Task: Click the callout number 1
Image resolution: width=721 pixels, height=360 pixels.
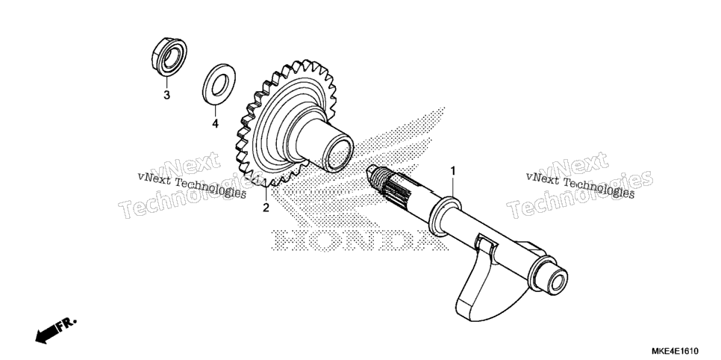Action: pos(452,171)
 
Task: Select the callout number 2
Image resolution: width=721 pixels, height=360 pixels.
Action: pos(266,208)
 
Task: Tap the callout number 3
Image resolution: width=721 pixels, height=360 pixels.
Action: pos(167,96)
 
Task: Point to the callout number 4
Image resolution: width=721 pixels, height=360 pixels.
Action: pos(215,123)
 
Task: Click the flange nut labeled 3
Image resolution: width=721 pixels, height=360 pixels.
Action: pos(169,57)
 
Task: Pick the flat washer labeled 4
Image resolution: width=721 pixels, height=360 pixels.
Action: pos(219,84)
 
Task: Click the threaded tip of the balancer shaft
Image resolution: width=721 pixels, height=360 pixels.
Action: pos(377,178)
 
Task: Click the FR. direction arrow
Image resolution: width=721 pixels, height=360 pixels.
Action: pos(55,331)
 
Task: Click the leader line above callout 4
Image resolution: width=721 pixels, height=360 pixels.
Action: pos(216,111)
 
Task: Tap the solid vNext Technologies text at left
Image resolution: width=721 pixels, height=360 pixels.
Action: pos(192,185)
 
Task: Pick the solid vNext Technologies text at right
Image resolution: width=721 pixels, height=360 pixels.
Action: pos(580,185)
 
